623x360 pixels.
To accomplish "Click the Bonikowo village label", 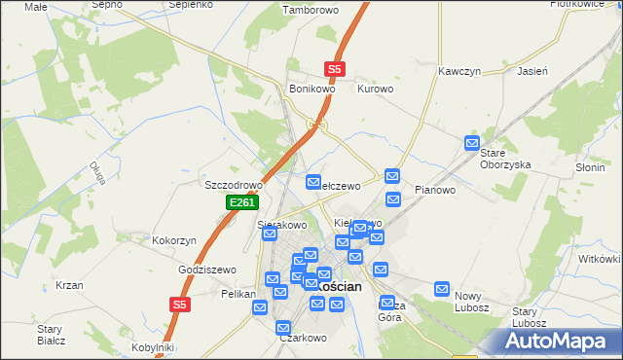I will click(x=311, y=89).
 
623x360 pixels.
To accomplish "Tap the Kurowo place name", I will click(x=375, y=89).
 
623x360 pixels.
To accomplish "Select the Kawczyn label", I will click(x=460, y=72).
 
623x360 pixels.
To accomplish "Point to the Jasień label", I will click(x=533, y=72).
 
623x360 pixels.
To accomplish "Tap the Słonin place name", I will click(x=589, y=167).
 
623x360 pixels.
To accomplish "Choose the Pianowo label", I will click(x=435, y=190).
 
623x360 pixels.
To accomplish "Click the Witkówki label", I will click(x=600, y=259).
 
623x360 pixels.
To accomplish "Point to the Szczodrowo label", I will click(x=234, y=185).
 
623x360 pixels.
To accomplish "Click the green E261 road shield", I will click(x=242, y=202).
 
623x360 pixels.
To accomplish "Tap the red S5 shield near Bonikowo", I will click(x=335, y=69).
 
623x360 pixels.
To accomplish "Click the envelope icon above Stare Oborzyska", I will click(x=472, y=143).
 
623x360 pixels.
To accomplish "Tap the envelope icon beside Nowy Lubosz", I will click(x=442, y=289).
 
